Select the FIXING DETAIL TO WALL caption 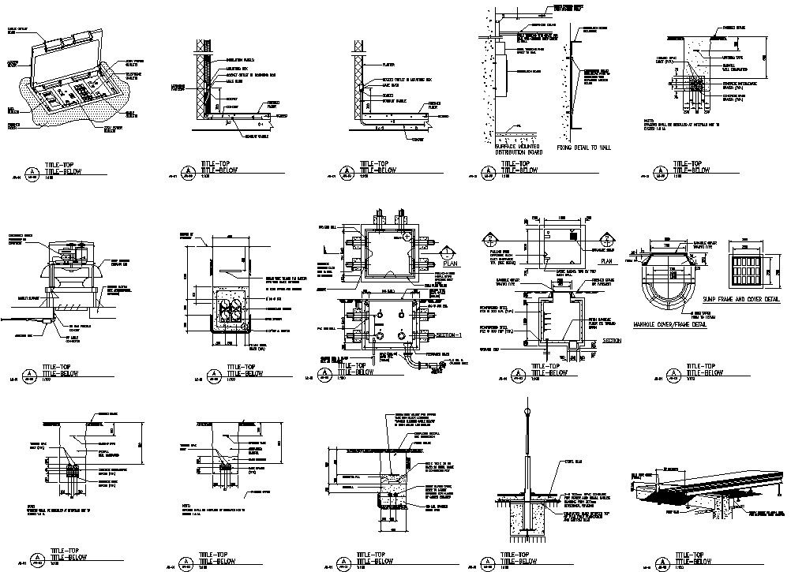(585, 148)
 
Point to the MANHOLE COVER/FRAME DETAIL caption (670, 323)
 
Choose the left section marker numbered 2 (490, 239)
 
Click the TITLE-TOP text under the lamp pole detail (523, 553)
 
